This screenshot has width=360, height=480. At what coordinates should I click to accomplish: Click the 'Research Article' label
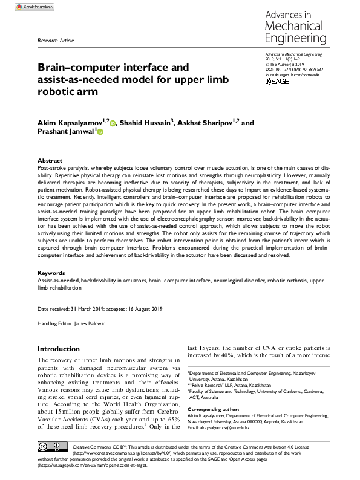click(56, 40)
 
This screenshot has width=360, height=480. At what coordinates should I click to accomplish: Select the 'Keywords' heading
click(51, 273)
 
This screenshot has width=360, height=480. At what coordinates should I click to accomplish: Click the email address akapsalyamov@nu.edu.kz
click(231, 428)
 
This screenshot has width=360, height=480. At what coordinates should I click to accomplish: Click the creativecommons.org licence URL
click(112, 452)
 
